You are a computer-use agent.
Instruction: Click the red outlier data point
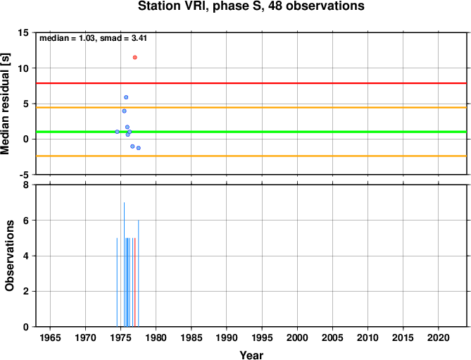(x=135, y=57)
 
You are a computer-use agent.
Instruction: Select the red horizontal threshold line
(x=251, y=83)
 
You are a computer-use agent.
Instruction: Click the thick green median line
(x=251, y=132)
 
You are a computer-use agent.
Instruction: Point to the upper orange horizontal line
(x=251, y=107)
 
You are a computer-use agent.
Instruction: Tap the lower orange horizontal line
(x=251, y=156)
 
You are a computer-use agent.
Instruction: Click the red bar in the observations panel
(x=135, y=283)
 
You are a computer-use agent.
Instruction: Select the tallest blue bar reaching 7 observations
(x=124, y=264)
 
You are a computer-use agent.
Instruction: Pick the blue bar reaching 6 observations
(x=139, y=273)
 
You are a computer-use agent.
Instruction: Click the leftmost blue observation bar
(x=117, y=283)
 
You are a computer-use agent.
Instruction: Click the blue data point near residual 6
(x=126, y=97)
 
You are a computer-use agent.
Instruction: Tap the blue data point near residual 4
(x=125, y=111)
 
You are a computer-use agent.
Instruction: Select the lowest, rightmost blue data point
(x=139, y=148)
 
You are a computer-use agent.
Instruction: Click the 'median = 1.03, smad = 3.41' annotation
(x=93, y=38)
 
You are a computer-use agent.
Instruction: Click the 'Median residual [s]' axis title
(x=5, y=104)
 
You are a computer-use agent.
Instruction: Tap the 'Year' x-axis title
(x=251, y=355)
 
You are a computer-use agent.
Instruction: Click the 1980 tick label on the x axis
(x=156, y=337)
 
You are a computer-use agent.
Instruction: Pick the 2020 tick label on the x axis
(x=438, y=337)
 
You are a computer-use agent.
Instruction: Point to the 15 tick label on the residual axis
(x=23, y=32)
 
